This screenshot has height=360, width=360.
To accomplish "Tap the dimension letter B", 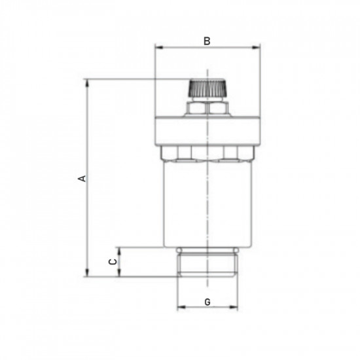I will (206, 41).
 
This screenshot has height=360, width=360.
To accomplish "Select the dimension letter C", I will (112, 262).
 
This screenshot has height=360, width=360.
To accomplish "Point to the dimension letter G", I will (207, 302).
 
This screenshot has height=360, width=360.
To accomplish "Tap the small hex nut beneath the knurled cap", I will (206, 108).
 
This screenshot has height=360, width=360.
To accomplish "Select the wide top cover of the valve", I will (206, 131).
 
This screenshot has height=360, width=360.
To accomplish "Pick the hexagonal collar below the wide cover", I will (206, 153).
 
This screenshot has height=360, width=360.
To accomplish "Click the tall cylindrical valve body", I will (190, 203).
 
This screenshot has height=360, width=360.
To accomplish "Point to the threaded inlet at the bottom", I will (206, 265).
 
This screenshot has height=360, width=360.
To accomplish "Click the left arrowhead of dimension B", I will (158, 47).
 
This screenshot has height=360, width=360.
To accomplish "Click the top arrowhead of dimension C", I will (118, 251).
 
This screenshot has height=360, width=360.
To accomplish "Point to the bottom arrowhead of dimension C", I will (118, 274).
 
